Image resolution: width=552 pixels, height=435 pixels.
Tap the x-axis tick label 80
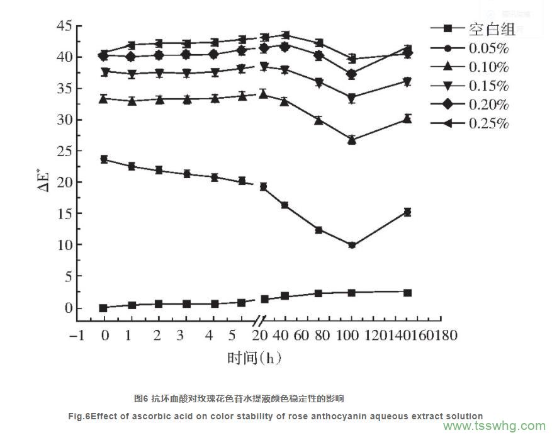pyautogui.click(x=319, y=336)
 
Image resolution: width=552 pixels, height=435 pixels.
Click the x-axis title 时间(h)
pyautogui.click(x=254, y=358)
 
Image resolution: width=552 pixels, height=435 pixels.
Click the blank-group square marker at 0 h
pyautogui.click(x=103, y=308)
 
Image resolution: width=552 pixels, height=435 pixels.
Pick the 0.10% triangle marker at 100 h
pyautogui.click(x=352, y=140)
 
